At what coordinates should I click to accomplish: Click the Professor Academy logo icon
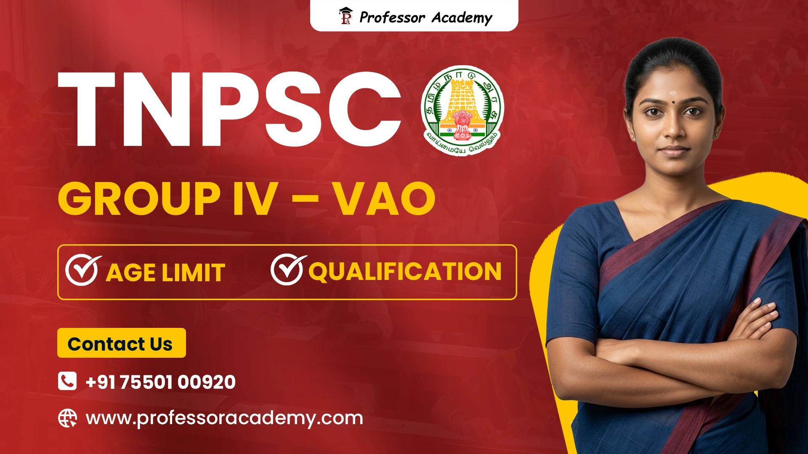[346, 16]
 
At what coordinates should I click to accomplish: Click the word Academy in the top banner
[462, 18]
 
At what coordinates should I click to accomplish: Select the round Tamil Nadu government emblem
[462, 110]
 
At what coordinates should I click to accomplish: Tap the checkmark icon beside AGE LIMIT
[82, 271]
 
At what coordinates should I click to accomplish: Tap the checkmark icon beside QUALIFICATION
[287, 270]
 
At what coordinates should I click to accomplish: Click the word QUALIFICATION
[405, 272]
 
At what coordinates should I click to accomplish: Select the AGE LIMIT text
[165, 272]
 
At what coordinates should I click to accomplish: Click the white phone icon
[67, 381]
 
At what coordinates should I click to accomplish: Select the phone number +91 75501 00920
[160, 382]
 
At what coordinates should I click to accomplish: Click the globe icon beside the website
[67, 418]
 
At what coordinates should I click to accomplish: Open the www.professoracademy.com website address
[224, 418]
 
